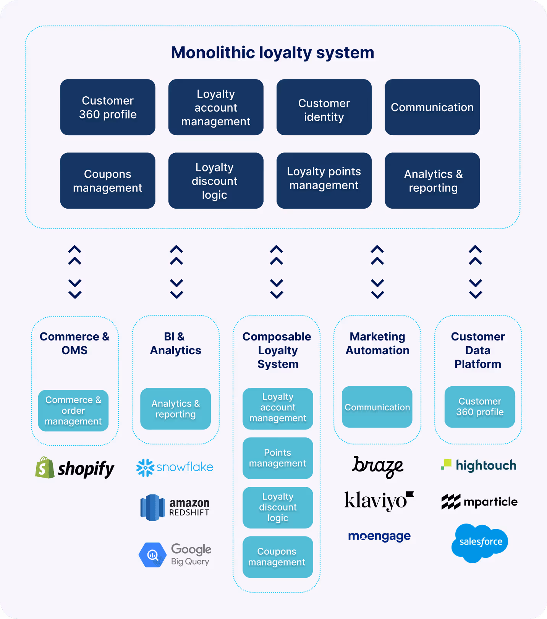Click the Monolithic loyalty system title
(x=272, y=53)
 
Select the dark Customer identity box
(x=324, y=107)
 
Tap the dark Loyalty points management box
(x=324, y=181)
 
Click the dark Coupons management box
(x=108, y=181)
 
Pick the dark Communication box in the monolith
(x=432, y=107)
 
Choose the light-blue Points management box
(x=278, y=458)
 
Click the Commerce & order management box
(x=73, y=411)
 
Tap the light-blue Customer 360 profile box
(x=480, y=407)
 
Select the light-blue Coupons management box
(x=278, y=557)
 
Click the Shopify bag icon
(x=45, y=468)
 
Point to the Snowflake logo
(x=175, y=467)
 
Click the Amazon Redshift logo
(x=175, y=507)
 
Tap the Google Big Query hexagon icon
(x=152, y=555)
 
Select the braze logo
(x=377, y=466)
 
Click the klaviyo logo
(x=379, y=501)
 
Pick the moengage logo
(x=379, y=536)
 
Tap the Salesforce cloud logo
(x=480, y=543)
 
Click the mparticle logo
(x=479, y=502)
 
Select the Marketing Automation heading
(x=377, y=344)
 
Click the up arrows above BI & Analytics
(x=176, y=255)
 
